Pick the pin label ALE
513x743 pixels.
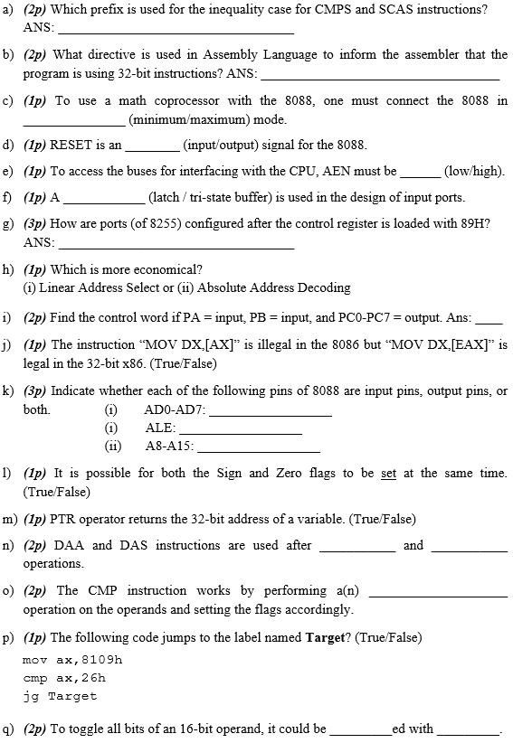click(x=159, y=428)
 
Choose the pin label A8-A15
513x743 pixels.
click(x=170, y=446)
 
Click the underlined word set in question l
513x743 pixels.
click(x=388, y=474)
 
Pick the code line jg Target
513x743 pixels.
click(x=59, y=696)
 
